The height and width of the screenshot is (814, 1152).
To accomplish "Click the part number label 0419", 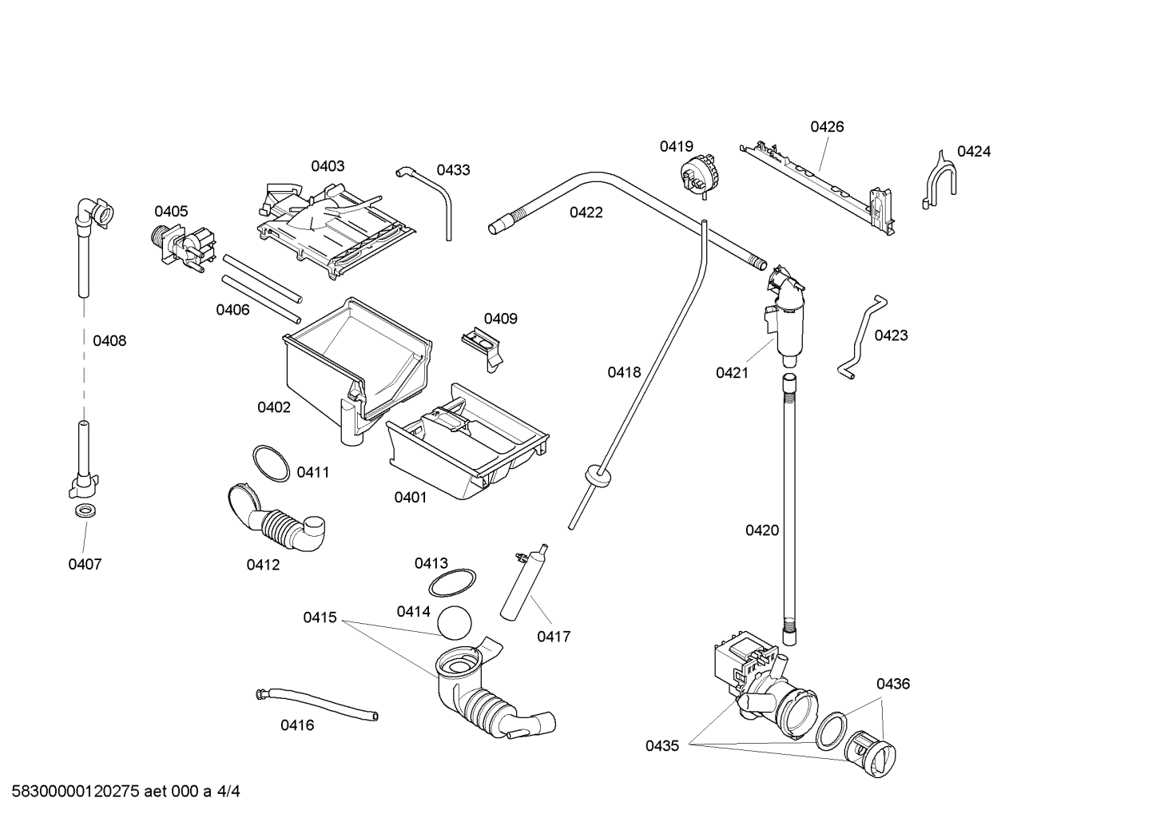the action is click(x=677, y=146).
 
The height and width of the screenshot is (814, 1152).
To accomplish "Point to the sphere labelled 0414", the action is click(x=454, y=622).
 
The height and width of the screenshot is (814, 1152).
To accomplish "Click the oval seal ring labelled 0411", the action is click(x=271, y=463).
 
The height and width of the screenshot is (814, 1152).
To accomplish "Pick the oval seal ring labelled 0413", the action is click(x=452, y=582).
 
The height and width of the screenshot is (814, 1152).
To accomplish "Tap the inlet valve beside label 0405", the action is click(x=184, y=248).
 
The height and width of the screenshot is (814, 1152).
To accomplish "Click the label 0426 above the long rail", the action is click(x=827, y=126).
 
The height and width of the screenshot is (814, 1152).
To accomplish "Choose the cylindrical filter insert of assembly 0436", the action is click(x=870, y=753).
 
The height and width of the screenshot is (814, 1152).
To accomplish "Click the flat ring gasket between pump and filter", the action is click(x=832, y=731).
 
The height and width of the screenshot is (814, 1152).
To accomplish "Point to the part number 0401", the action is click(x=411, y=497).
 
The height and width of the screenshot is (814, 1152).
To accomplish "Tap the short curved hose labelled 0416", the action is click(x=316, y=705).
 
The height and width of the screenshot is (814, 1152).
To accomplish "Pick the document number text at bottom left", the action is click(x=125, y=792).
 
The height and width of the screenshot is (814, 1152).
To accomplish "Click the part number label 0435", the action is click(x=662, y=745).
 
